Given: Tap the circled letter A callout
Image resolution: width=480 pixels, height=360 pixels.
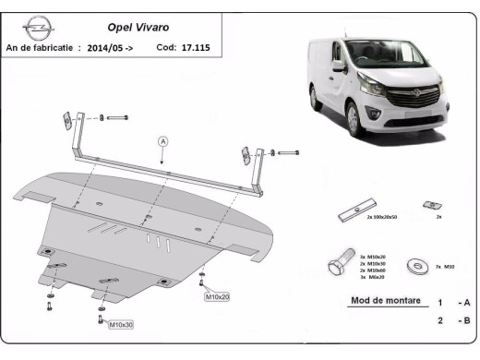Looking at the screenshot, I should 162,141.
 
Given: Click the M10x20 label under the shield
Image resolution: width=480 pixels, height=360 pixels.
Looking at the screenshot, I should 216,297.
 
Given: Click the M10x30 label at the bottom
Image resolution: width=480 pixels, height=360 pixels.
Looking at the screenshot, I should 121,325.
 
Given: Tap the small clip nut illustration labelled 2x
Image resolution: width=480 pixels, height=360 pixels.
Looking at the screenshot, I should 427,205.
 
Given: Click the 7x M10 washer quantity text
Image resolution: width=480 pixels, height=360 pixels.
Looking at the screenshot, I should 447,267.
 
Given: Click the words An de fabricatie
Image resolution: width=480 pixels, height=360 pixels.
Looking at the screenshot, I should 42,46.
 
